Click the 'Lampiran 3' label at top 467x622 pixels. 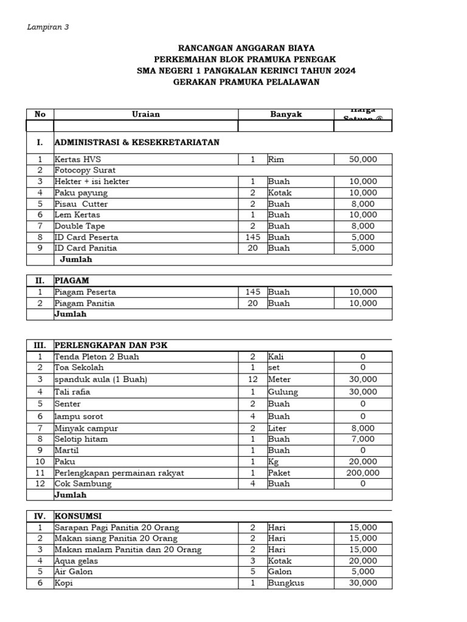pyautogui.click(x=48, y=27)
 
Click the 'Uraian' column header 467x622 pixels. pyautogui.click(x=146, y=114)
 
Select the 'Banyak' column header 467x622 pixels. pyautogui.click(x=286, y=114)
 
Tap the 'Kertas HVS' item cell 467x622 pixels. pyautogui.click(x=78, y=159)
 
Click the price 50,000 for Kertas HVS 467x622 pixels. pyautogui.click(x=363, y=159)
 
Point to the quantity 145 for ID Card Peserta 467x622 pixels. pyautogui.click(x=252, y=237)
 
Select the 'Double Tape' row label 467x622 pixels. pyautogui.click(x=80, y=226)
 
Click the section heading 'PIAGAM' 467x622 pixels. pyautogui.click(x=72, y=281)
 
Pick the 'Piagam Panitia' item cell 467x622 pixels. pyautogui.click(x=85, y=303)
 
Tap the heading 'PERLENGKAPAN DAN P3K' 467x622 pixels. pyautogui.click(x=111, y=345)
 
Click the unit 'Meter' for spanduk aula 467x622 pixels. pyautogui.click(x=280, y=379)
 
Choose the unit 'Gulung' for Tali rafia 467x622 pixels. pyautogui.click(x=283, y=392)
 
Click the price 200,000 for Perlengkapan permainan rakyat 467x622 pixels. pyautogui.click(x=363, y=473)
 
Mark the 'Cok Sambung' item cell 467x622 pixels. pyautogui.click(x=83, y=484)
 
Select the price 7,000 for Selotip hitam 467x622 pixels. pyautogui.click(x=363, y=439)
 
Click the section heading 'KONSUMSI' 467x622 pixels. pyautogui.click(x=77, y=516)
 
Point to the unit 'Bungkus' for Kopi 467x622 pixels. pyautogui.click(x=286, y=583)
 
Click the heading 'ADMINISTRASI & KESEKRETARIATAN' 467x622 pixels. pyautogui.click(x=137, y=142)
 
